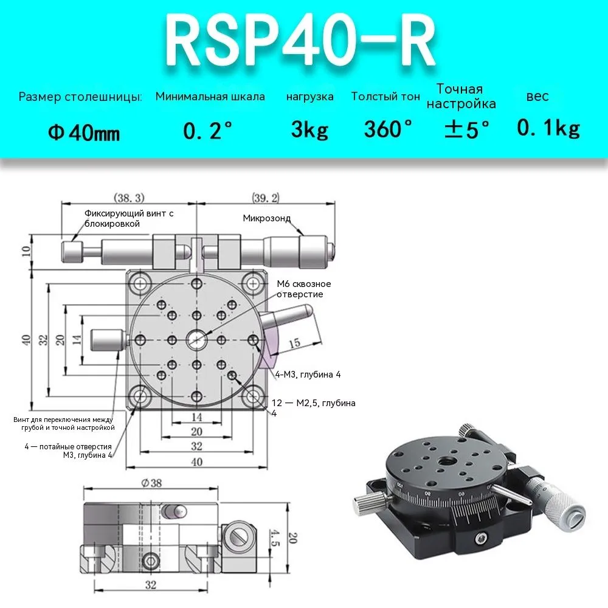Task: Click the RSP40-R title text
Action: pyautogui.click(x=300, y=42)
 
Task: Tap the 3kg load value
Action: pyautogui.click(x=309, y=130)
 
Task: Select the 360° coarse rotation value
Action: pyautogui.click(x=387, y=129)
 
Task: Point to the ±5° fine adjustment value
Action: pyautogui.click(x=466, y=129)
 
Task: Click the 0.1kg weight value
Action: pyautogui.click(x=548, y=128)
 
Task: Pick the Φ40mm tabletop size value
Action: pyautogui.click(x=84, y=133)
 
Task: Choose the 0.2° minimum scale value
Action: pyautogui.click(x=207, y=130)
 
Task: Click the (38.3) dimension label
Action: pyautogui.click(x=129, y=198)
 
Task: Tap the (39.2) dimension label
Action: pyautogui.click(x=266, y=198)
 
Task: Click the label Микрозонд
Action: pyautogui.click(x=267, y=218)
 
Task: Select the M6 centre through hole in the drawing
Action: pyautogui.click(x=196, y=340)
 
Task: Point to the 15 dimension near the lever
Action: pyautogui.click(x=294, y=343)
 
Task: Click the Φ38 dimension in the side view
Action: pyautogui.click(x=151, y=483)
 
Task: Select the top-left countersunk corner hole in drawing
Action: pyautogui.click(x=140, y=283)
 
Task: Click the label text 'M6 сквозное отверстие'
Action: pyautogui.click(x=303, y=289)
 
